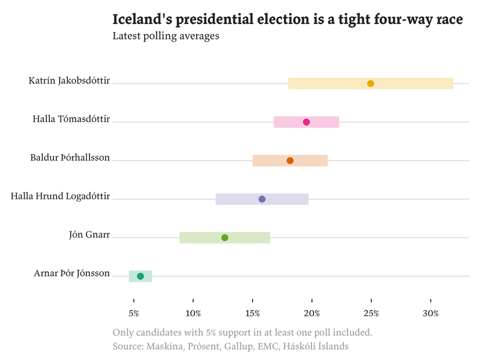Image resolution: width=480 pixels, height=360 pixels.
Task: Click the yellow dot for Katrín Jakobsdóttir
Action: pyautogui.click(x=370, y=83)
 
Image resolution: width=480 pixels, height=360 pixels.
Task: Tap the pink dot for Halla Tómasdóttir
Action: pyautogui.click(x=306, y=122)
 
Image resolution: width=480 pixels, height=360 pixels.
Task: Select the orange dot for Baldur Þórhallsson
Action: pyautogui.click(x=290, y=161)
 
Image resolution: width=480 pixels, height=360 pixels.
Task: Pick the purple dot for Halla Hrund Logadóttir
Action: pyautogui.click(x=262, y=199)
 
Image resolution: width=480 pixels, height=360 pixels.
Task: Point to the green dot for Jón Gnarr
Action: pyautogui.click(x=224, y=238)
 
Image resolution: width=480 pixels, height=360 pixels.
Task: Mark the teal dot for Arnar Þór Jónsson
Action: pyautogui.click(x=140, y=276)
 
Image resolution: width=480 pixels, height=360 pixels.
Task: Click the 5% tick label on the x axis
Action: pyautogui.click(x=134, y=314)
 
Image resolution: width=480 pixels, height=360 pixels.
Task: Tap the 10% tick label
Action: pyautogui.click(x=193, y=314)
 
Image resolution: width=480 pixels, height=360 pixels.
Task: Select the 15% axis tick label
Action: pyautogui.click(x=253, y=314)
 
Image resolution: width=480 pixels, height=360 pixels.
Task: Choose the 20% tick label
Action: pyautogui.click(x=312, y=314)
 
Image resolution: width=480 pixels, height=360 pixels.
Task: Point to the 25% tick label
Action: pyautogui.click(x=371, y=314)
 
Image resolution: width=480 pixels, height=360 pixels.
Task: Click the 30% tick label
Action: pyautogui.click(x=431, y=314)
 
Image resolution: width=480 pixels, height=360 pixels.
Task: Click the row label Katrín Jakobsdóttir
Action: pyautogui.click(x=69, y=81)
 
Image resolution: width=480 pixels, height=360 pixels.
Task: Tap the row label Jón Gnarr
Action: pyautogui.click(x=89, y=235)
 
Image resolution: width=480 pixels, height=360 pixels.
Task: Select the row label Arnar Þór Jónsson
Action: pyautogui.click(x=72, y=274)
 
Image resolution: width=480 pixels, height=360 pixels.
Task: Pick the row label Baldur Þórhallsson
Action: pyautogui.click(x=70, y=158)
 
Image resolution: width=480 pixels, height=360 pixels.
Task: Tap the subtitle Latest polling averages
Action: pyautogui.click(x=166, y=36)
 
